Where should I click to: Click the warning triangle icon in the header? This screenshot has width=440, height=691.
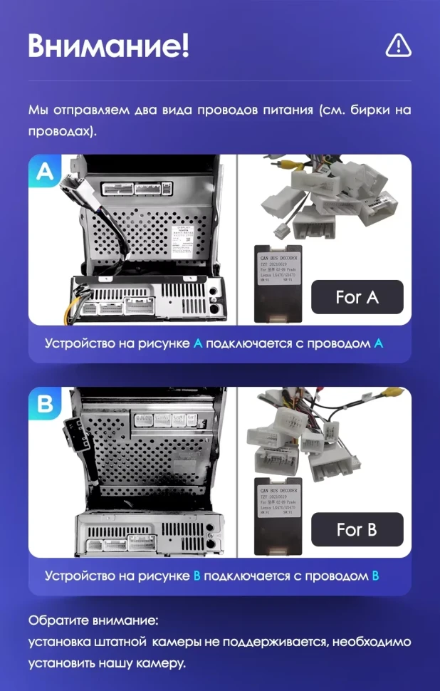click(x=398, y=46)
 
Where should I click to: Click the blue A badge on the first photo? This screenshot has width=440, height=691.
click(x=44, y=172)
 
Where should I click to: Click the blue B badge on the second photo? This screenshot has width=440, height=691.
click(x=45, y=405)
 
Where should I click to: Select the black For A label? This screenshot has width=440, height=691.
click(x=357, y=297)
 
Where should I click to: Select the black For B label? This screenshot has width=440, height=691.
click(x=357, y=529)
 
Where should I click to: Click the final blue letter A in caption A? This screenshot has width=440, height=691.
click(x=378, y=343)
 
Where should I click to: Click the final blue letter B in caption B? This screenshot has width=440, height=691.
click(x=375, y=576)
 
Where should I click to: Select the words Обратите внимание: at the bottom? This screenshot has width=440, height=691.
click(x=93, y=620)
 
